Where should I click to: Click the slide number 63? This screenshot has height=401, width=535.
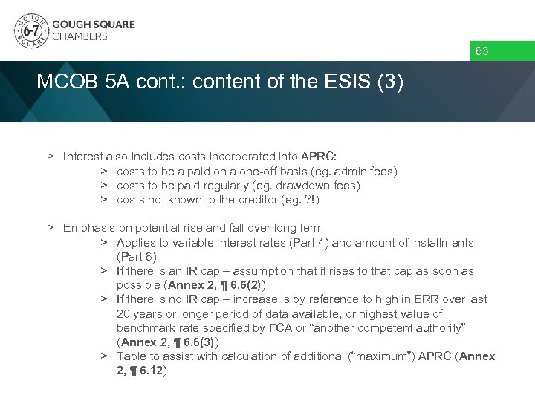click(481, 51)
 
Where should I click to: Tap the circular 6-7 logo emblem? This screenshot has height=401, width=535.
click(30, 30)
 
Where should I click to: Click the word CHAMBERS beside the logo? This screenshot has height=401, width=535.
click(80, 36)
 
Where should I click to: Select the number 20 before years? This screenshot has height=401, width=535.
click(123, 314)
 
